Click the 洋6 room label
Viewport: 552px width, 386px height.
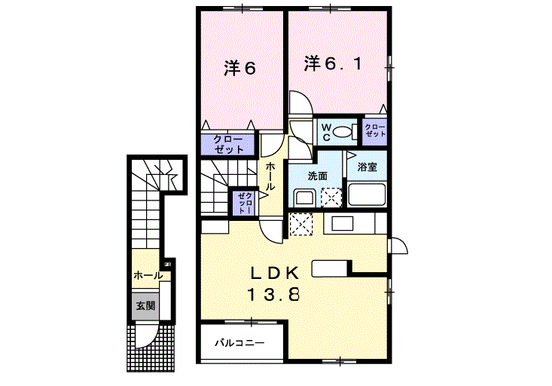pyautogui.click(x=239, y=68)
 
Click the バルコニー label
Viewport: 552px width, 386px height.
pyautogui.click(x=238, y=343)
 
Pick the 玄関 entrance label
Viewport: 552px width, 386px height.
pyautogui.click(x=145, y=307)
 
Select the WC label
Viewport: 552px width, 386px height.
pyautogui.click(x=327, y=133)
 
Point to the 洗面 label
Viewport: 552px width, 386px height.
pyautogui.click(x=317, y=176)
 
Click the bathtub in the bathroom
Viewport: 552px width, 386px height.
pyautogui.click(x=367, y=195)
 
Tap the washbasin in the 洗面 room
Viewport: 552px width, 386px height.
pyautogui.click(x=303, y=198)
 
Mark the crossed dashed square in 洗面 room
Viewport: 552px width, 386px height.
pyautogui.click(x=331, y=198)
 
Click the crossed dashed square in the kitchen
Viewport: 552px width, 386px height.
pyautogui.click(x=301, y=224)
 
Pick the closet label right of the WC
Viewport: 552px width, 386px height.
pyautogui.click(x=374, y=131)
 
